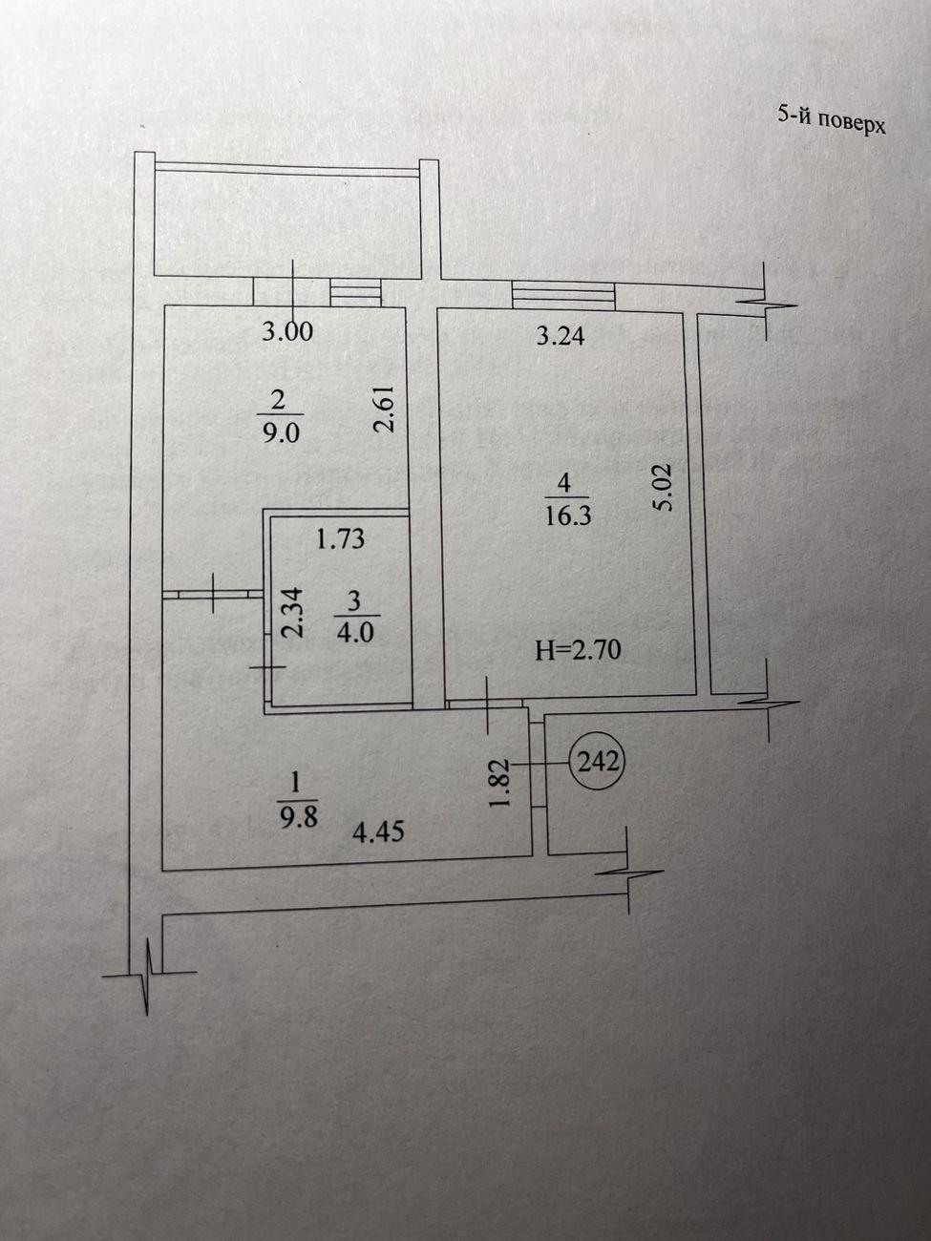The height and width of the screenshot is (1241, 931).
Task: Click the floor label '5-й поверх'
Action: [x=832, y=123]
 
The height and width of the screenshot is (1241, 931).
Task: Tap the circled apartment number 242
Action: [x=599, y=763]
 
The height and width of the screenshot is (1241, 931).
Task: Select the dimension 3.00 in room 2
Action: [x=287, y=330]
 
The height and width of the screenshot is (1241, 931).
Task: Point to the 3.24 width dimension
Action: [x=561, y=336]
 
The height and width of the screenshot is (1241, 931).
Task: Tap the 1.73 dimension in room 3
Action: [x=340, y=538]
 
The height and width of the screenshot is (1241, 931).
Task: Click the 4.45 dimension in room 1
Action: [x=378, y=831]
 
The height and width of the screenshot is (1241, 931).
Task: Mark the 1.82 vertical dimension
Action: [x=498, y=784]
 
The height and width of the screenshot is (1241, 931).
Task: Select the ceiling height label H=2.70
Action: [x=579, y=651]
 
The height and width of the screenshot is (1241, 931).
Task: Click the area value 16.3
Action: [x=568, y=515]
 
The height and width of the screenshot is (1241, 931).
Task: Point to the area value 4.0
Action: [x=354, y=633]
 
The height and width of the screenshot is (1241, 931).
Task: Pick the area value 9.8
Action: [x=298, y=818]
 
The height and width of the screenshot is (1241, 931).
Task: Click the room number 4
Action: [x=564, y=483]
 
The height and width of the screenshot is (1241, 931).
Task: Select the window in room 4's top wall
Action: [x=563, y=296]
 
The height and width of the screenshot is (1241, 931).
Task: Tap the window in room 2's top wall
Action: [x=354, y=292]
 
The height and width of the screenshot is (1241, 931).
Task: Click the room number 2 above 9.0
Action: [x=278, y=401]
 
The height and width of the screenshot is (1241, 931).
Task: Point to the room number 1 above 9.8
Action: [x=296, y=784]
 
